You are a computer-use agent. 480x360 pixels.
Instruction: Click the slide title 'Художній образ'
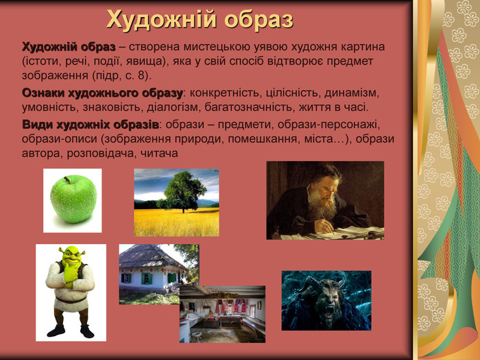[x=200, y=20]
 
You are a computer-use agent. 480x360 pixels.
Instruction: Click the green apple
[x=73, y=199]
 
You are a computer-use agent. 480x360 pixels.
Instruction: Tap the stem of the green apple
[x=67, y=180]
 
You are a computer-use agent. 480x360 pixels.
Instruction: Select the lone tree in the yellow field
[x=183, y=191]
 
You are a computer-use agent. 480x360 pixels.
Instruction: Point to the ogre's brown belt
[x=71, y=300]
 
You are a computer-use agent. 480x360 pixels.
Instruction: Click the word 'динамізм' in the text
[x=352, y=93]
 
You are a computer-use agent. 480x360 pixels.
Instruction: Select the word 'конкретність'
[x=224, y=93]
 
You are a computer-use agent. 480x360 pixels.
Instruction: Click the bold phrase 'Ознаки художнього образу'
[x=102, y=93]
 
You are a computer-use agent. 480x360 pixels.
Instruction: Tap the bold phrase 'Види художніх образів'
[x=91, y=125]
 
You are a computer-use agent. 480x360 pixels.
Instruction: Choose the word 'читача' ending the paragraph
[x=159, y=153]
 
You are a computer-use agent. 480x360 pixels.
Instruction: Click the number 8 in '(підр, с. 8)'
[x=141, y=75]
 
